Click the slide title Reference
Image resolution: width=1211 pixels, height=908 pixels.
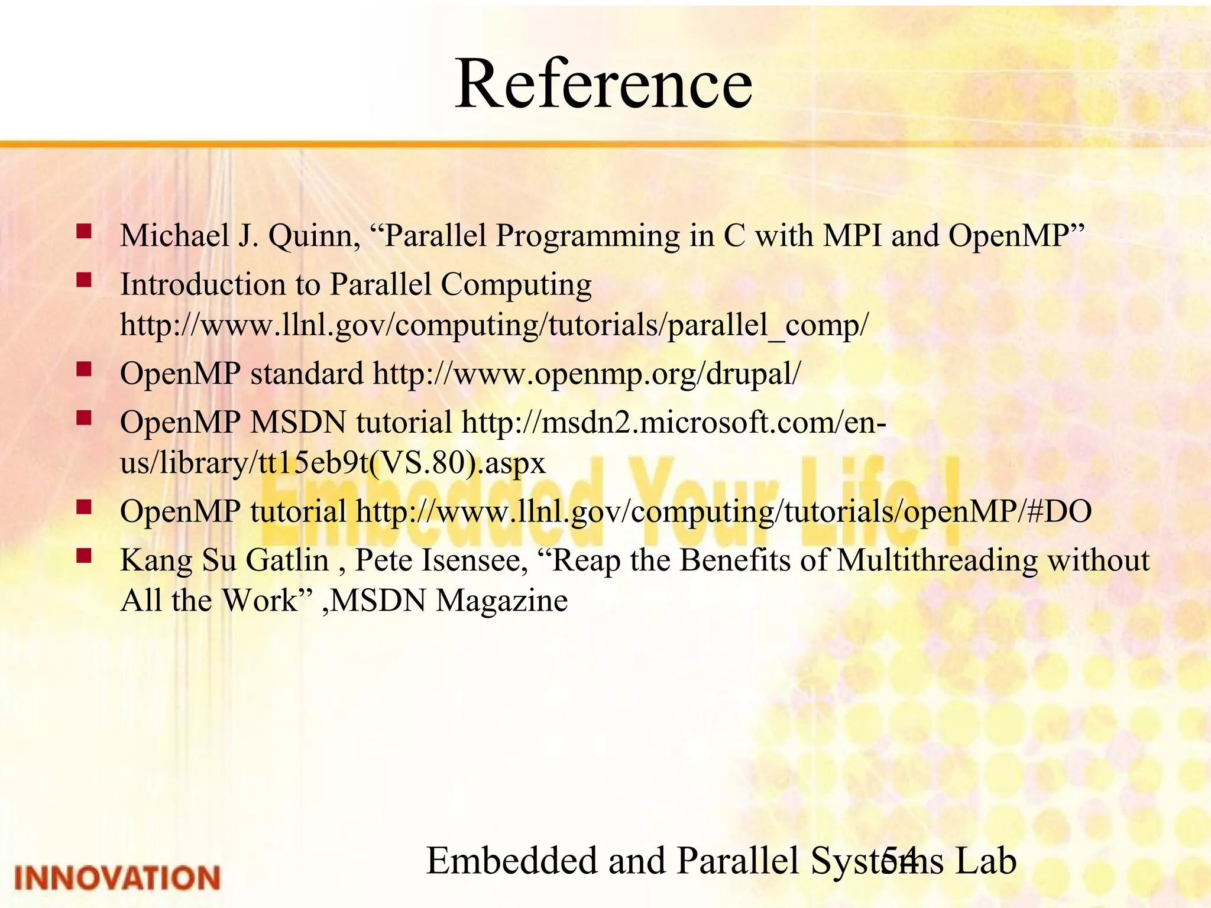click(x=603, y=84)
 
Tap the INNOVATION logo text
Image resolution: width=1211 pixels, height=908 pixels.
click(x=117, y=877)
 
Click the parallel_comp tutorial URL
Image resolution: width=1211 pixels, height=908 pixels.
click(x=494, y=325)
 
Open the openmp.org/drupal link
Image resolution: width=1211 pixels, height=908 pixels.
click(x=587, y=374)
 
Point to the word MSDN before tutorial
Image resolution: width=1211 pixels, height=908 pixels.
click(x=298, y=423)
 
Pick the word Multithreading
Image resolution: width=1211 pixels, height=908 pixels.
click(x=937, y=560)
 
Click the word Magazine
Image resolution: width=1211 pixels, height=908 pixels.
click(x=502, y=601)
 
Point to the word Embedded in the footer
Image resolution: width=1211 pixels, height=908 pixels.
click(x=512, y=861)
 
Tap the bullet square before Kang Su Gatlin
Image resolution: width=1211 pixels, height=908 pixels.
click(x=84, y=555)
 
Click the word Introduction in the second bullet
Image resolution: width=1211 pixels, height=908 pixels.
click(x=203, y=284)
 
